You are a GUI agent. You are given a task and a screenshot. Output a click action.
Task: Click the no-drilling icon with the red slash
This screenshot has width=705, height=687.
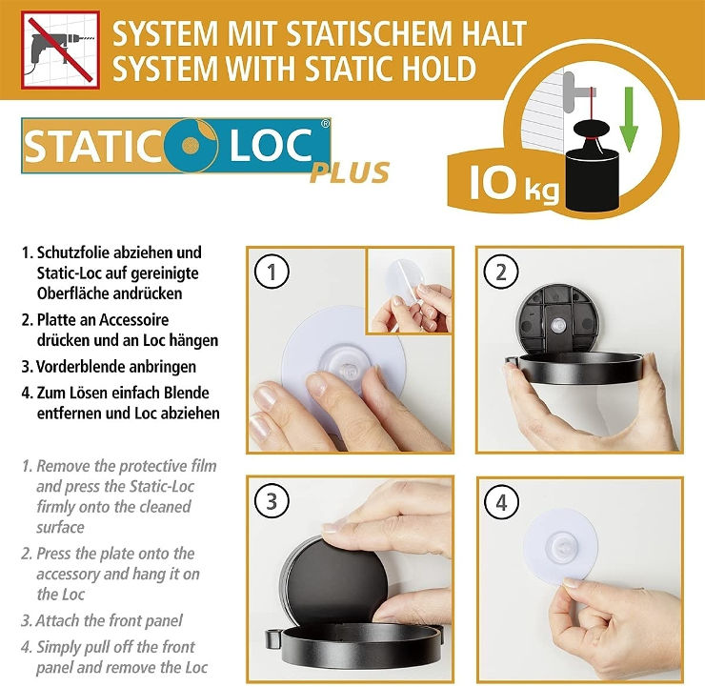point(60,50)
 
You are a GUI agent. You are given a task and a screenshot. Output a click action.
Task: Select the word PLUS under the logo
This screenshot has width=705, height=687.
point(350,173)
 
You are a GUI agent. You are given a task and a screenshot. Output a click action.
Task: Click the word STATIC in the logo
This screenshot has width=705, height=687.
point(93,146)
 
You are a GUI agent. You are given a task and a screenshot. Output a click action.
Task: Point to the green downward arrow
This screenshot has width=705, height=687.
point(629,120)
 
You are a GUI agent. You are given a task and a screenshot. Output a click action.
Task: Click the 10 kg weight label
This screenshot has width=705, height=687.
point(514,183)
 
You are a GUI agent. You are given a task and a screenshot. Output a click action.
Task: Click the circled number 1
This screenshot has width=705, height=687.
point(272,272)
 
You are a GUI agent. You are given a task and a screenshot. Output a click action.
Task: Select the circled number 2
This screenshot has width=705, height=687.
point(501,272)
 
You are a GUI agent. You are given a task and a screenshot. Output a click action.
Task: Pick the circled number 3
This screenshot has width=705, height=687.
point(272,501)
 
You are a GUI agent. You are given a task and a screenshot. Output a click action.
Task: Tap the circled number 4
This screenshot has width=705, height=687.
point(501,502)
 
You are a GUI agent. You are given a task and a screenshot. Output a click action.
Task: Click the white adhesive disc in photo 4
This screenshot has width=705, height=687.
point(560,545)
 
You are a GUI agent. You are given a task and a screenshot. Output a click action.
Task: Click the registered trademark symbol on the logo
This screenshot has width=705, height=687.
point(325,124)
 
